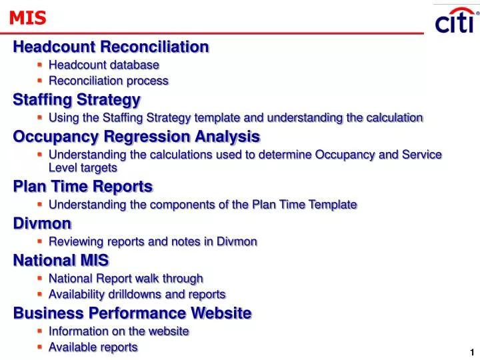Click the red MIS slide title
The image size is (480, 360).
[x=28, y=19]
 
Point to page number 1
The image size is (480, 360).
[x=471, y=352]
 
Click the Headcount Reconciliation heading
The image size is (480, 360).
[x=111, y=47]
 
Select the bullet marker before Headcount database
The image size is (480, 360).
[x=40, y=65]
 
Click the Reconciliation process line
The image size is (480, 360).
[x=108, y=81]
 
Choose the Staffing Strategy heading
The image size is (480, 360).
[x=77, y=100]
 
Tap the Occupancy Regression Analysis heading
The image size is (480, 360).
[x=136, y=137]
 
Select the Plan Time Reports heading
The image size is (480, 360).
[x=83, y=187]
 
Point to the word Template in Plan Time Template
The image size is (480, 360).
[x=335, y=205]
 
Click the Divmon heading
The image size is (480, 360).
[x=42, y=223]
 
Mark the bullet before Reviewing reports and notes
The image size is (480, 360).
[x=40, y=241]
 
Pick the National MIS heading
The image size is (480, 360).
[x=61, y=260]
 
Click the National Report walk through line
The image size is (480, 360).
[x=125, y=278]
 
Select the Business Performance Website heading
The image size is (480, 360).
[x=132, y=313]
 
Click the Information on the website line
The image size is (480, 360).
[x=119, y=331]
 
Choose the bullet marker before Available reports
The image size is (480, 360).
[x=40, y=347]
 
